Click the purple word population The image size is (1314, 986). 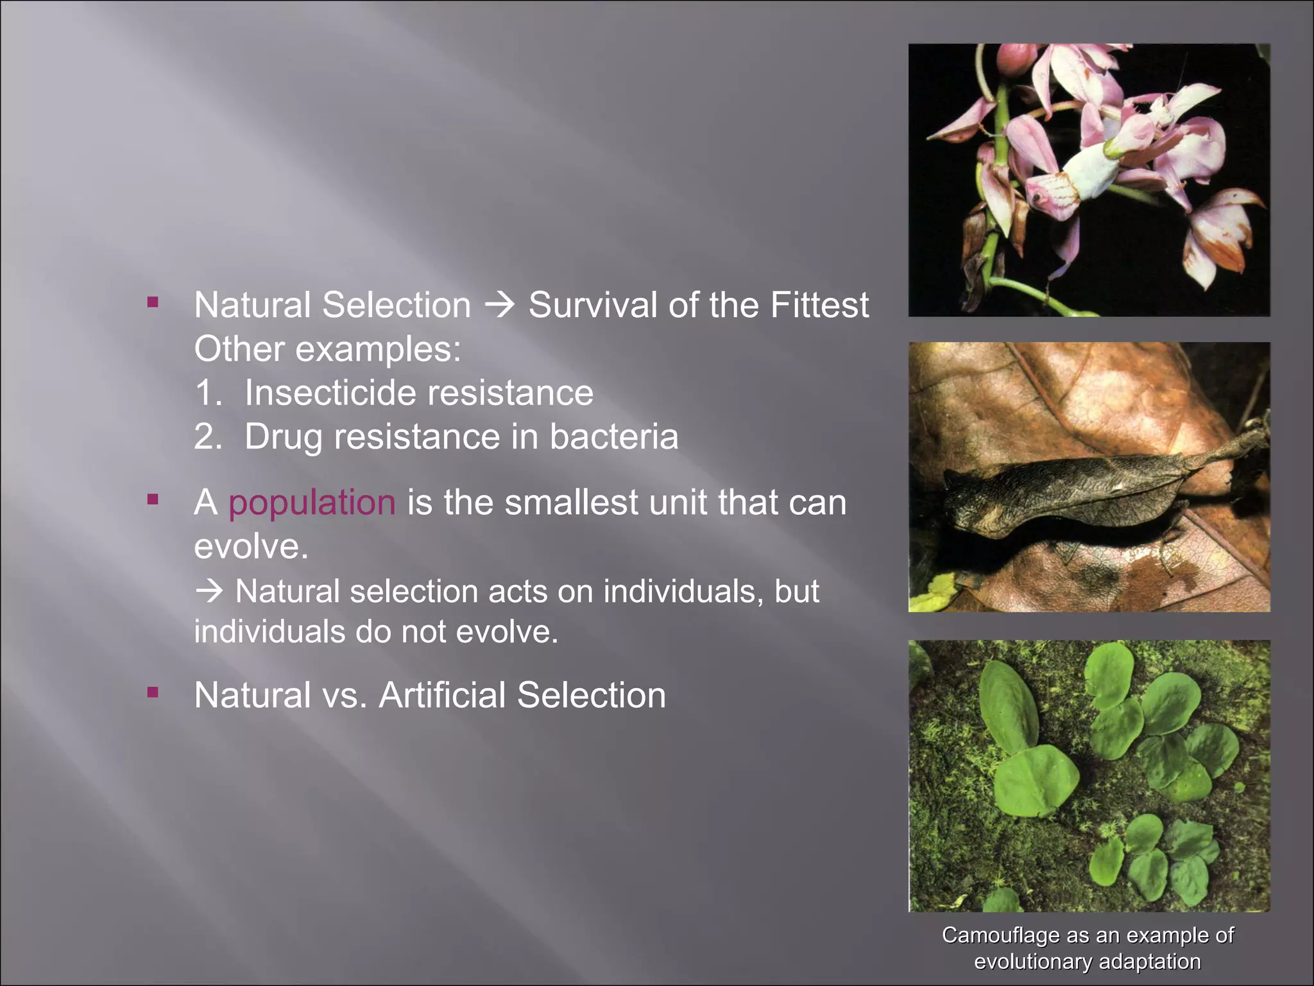pyautogui.click(x=312, y=503)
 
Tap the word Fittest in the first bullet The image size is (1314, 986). pyautogui.click(x=819, y=305)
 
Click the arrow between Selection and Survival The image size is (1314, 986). pyautogui.click(x=499, y=304)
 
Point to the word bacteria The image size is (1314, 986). pyautogui.click(x=613, y=437)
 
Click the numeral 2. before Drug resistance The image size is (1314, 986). pyautogui.click(x=208, y=437)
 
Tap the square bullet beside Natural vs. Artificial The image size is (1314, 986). pyautogui.click(x=153, y=692)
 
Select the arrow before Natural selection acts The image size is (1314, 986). pyautogui.click(x=209, y=591)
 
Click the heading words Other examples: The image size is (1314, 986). pyautogui.click(x=327, y=350)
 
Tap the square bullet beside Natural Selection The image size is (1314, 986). pyautogui.click(x=153, y=302)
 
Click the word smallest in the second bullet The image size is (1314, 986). pyautogui.click(x=570, y=503)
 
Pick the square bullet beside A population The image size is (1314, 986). pyautogui.click(x=153, y=499)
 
